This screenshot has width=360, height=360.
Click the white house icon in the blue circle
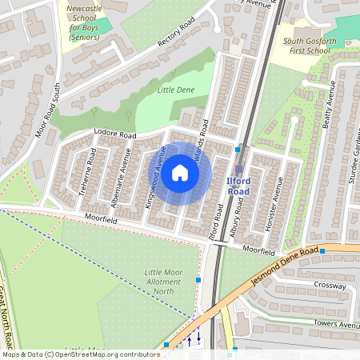pos(180,174)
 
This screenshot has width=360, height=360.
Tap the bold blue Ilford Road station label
pos(238,186)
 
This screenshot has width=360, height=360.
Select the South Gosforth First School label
pos(306,45)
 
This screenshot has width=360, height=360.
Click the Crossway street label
pos(330,285)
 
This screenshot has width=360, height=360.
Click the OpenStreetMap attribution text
pos(81,354)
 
